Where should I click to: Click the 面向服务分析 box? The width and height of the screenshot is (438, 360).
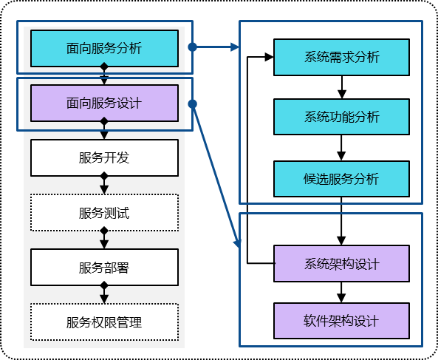coord(104,49)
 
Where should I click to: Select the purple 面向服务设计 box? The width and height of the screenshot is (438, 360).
coord(104,103)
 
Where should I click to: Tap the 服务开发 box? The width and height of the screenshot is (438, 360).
coord(104,158)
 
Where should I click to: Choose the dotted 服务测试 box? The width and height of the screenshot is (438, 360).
coord(104,213)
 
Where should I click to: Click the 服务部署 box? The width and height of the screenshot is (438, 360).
coord(104,268)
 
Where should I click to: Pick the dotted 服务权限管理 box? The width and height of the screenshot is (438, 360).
coord(104,322)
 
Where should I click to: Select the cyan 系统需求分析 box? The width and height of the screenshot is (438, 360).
coord(341,58)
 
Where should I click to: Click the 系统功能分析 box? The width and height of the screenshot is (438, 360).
coord(341,117)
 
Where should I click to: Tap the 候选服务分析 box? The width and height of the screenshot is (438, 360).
coord(341,179)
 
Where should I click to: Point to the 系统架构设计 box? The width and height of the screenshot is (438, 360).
coord(341,264)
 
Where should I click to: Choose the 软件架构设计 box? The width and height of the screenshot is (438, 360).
coord(341,321)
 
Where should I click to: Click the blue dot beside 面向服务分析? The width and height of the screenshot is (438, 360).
coord(192,47)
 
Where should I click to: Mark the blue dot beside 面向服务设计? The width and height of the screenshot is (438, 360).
coord(192,104)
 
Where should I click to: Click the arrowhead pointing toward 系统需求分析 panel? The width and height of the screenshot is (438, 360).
coord(235,47)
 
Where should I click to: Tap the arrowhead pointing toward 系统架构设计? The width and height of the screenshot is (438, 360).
coord(237,242)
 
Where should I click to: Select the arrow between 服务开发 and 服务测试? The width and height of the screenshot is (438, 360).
coord(104,185)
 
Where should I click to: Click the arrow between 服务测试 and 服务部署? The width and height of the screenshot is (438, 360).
coord(104,240)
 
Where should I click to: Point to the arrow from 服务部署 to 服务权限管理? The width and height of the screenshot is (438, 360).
coord(104,294)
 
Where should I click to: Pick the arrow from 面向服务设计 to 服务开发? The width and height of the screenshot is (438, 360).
coord(104,130)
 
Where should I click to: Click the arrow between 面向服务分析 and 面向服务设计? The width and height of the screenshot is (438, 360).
coord(104,75)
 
